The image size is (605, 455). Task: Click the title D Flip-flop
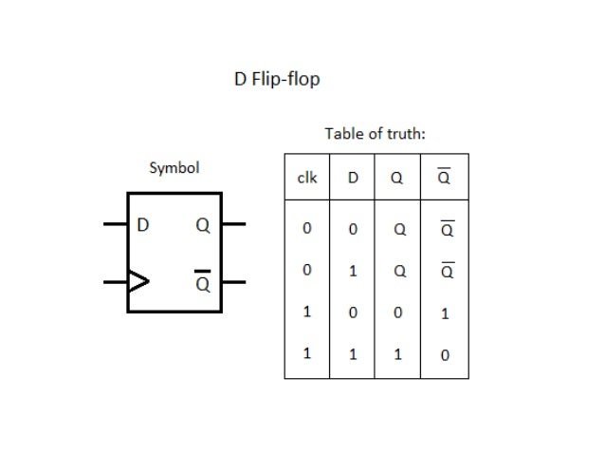[277, 79]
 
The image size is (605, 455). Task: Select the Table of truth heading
[375, 134]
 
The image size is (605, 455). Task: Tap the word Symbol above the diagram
[174, 168]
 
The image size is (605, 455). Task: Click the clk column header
[306, 178]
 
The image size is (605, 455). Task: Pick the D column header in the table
[353, 178]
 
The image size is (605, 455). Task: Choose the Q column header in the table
[399, 178]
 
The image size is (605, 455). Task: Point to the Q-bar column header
[445, 178]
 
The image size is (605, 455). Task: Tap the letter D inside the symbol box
[143, 226]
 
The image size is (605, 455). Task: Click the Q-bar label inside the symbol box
[202, 282]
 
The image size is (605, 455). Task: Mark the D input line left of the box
[115, 225]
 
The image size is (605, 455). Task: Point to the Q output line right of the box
[233, 225]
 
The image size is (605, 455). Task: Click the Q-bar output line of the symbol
[233, 282]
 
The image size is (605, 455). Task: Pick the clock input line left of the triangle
[115, 281]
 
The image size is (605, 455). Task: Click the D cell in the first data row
[353, 229]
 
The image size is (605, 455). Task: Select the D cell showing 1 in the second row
[353, 271]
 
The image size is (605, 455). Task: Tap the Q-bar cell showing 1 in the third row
[445, 313]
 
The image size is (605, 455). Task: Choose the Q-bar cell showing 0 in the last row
[445, 355]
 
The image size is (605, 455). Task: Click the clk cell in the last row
[306, 353]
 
